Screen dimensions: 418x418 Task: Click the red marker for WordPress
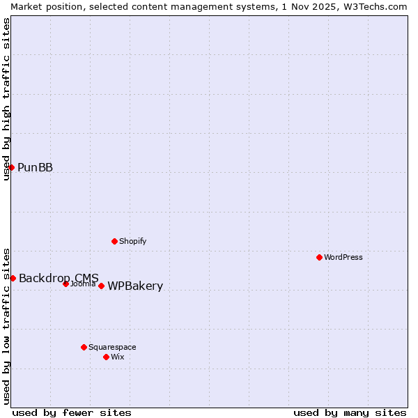pos(319,257)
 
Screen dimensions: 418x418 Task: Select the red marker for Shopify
pos(114,241)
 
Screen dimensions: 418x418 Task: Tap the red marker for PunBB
pos(11,167)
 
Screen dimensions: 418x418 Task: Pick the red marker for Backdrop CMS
pos(13,278)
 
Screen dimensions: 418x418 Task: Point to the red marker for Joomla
pos(65,284)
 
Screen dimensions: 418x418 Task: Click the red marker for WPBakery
pos(101,286)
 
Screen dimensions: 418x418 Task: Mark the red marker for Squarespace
pos(84,347)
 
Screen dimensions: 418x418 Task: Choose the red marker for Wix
pos(106,357)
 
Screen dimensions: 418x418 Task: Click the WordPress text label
pos(343,257)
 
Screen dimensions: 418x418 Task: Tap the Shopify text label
pos(132,241)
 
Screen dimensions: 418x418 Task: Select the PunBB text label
pos(35,167)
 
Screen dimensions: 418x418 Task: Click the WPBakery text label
pos(135,286)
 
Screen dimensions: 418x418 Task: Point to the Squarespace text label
pos(112,347)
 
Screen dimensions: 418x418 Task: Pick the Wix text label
pos(118,357)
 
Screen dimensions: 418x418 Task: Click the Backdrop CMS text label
pos(59,278)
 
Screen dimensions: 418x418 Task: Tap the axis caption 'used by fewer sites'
pos(72,412)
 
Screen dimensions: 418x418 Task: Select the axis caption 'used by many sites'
pos(350,412)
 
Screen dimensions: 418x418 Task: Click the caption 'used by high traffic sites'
pos(6,99)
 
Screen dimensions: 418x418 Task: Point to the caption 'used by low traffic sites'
pos(6,326)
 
